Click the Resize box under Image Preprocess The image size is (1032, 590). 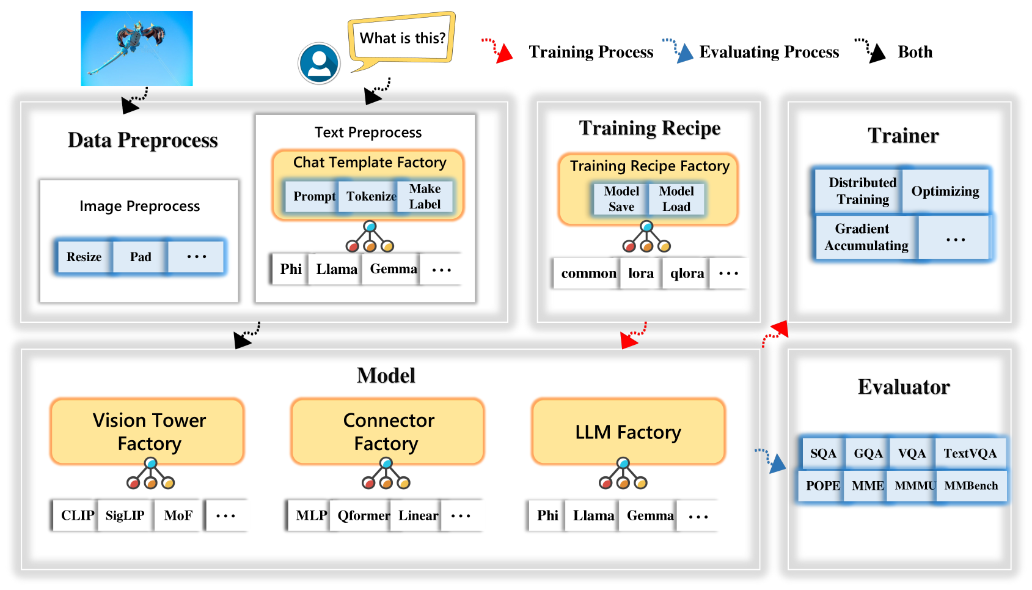click(84, 257)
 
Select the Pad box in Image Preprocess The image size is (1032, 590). click(141, 257)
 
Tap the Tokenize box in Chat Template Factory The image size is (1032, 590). click(371, 196)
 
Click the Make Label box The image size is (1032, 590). click(425, 196)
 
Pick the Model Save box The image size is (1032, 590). click(621, 199)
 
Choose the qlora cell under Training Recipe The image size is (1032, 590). click(687, 273)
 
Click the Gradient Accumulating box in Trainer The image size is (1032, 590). click(866, 237)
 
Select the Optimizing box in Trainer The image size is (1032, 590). click(945, 191)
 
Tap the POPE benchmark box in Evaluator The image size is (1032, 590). click(822, 486)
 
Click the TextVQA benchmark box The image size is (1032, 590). click(970, 454)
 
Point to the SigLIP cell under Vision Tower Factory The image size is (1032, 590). click(125, 515)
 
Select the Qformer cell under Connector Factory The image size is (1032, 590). click(364, 516)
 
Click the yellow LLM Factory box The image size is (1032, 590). click(628, 432)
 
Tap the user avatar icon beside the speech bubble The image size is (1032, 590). click(319, 63)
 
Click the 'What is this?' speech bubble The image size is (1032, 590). click(402, 39)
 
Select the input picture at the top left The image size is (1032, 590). click(137, 48)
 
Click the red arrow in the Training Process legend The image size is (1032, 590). click(497, 50)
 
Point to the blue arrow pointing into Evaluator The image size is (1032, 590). click(771, 460)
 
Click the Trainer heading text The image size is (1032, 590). click(903, 136)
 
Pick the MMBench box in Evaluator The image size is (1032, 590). click(971, 486)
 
